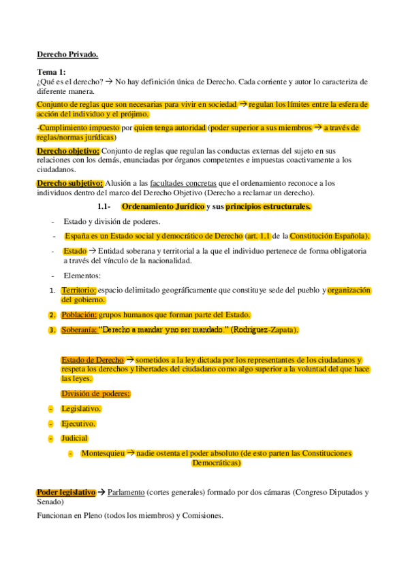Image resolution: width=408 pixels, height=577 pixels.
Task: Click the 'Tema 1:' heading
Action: [x=52, y=72]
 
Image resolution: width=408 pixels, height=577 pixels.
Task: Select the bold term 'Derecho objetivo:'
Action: [x=68, y=150]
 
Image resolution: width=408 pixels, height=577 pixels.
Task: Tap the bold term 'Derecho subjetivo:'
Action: [x=70, y=183]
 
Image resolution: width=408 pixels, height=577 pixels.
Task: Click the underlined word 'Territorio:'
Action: [x=78, y=290]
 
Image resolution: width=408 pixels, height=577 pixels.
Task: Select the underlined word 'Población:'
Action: [x=79, y=314]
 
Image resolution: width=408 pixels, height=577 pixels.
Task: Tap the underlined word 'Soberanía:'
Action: [x=79, y=330]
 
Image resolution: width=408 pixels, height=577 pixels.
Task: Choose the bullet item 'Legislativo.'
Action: [x=81, y=408]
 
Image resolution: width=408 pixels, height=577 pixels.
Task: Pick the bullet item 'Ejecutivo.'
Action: [x=79, y=423]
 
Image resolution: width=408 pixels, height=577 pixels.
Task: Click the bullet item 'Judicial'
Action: [x=74, y=438]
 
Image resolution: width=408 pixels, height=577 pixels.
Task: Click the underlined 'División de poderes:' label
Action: [x=95, y=393]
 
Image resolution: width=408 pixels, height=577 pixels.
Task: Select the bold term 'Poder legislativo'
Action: [x=66, y=492]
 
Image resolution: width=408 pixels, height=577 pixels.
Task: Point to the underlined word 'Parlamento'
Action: [x=129, y=492]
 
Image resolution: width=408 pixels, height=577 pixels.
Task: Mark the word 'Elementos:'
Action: [x=82, y=276]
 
